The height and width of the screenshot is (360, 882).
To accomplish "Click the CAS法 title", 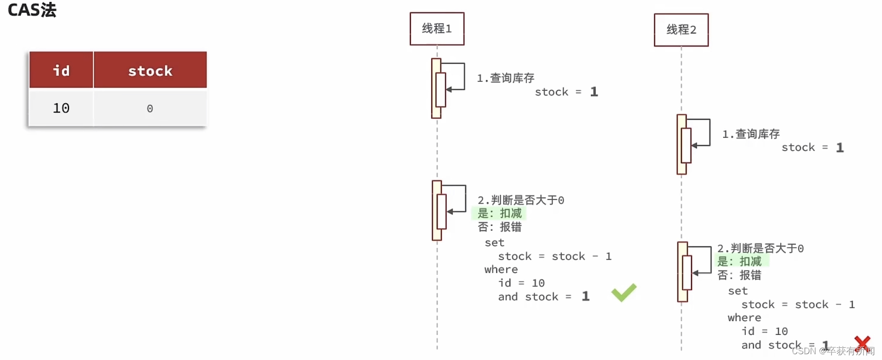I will [32, 10].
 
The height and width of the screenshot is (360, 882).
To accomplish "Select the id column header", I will [61, 71].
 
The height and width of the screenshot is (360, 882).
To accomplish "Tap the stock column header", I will [150, 71].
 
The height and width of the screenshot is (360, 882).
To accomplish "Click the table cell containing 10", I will [61, 108].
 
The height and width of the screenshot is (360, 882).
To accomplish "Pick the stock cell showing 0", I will [150, 109].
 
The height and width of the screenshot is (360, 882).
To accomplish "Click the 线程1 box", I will [437, 29].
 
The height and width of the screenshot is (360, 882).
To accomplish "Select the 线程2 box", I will [681, 30].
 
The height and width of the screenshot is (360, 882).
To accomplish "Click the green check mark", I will [623, 293].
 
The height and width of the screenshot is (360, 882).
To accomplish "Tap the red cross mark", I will [862, 343].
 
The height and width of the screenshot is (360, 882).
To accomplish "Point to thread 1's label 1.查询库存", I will [505, 78].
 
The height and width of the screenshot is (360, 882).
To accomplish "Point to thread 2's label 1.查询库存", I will [751, 134].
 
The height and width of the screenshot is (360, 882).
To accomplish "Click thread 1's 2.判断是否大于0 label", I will [520, 200].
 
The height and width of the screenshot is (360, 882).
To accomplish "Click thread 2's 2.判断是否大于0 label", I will [760, 249].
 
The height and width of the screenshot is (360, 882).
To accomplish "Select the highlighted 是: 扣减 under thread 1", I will [499, 213].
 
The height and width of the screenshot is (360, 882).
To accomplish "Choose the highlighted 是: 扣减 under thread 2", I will [740, 262].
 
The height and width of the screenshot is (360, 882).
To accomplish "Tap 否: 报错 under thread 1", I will [499, 227].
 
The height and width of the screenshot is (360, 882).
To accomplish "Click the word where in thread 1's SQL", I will [501, 269].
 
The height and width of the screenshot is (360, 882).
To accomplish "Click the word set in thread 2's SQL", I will [738, 291].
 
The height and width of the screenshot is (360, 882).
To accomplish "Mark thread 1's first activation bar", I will [436, 88].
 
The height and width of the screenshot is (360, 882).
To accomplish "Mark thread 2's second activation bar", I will [682, 272].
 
